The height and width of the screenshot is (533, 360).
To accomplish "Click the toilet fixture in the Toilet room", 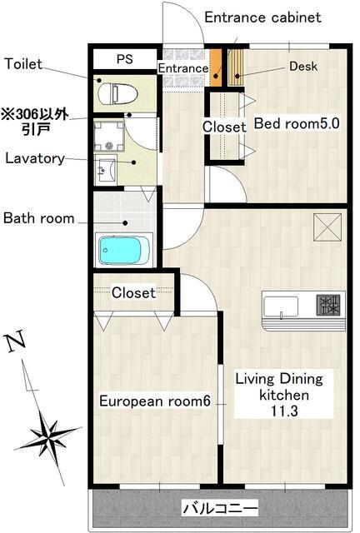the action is tap(117, 93).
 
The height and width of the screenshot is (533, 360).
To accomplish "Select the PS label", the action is tap(125, 59).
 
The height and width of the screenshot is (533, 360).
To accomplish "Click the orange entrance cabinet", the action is tap(216, 67).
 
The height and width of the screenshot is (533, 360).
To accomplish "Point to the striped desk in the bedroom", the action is tap(236, 67).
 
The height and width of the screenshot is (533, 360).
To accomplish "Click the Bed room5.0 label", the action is tap(297, 123).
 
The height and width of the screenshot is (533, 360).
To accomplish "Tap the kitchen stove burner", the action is tap(328, 305).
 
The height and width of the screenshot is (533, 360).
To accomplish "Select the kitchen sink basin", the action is tap(280, 306).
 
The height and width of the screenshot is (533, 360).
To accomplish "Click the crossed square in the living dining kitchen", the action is tap(327, 227).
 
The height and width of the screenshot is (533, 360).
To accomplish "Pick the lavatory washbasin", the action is tap(106, 169).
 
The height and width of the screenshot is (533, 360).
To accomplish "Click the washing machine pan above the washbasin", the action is tap(109, 137).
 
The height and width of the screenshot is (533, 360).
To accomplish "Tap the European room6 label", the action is tap(155, 401).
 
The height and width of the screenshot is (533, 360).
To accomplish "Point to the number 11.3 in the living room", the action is tap(284, 411).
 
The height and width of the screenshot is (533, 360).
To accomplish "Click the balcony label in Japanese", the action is tap(220, 508).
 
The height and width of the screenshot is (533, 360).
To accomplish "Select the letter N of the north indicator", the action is tap(15, 341).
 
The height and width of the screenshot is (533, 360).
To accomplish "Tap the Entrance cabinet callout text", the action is tap(262, 17).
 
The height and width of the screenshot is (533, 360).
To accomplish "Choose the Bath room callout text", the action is tap(39, 218).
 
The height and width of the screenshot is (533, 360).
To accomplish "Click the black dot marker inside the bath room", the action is tap(125, 223).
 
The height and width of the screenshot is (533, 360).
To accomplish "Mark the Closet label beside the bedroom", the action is tap(224, 127).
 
